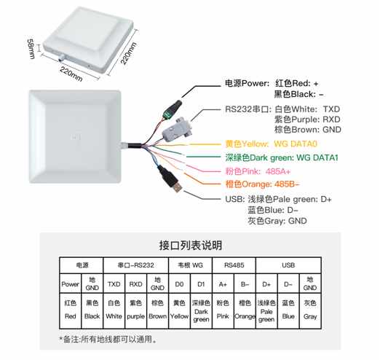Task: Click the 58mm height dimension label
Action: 31,49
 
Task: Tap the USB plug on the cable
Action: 170,179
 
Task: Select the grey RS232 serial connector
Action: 178,130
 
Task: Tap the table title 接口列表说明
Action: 191,246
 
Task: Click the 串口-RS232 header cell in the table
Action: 136,265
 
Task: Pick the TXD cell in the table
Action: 114,283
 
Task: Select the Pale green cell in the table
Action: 266,311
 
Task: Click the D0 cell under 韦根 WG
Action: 179,283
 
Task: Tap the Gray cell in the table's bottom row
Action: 310,311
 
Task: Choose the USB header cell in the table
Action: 288,265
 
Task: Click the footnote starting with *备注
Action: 108,340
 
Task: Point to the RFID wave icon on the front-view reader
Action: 76,138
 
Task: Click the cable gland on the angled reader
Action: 61,57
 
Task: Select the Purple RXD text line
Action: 307,120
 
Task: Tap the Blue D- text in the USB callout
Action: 273,210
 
